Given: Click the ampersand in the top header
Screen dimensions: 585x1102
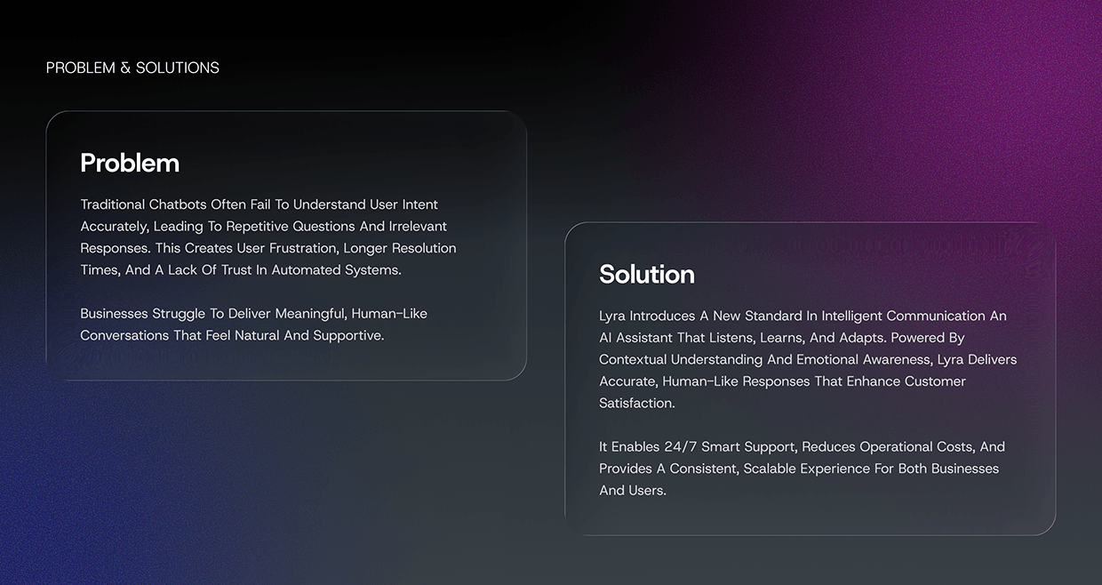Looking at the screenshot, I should pos(126,68).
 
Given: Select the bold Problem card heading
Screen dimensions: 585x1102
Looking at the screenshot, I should pos(130,163).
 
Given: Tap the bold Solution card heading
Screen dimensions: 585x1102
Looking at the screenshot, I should pos(647,274).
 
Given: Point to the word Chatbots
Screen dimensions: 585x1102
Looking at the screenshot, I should pos(178,204).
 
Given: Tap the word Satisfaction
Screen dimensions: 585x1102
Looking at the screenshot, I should pos(635,403).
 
